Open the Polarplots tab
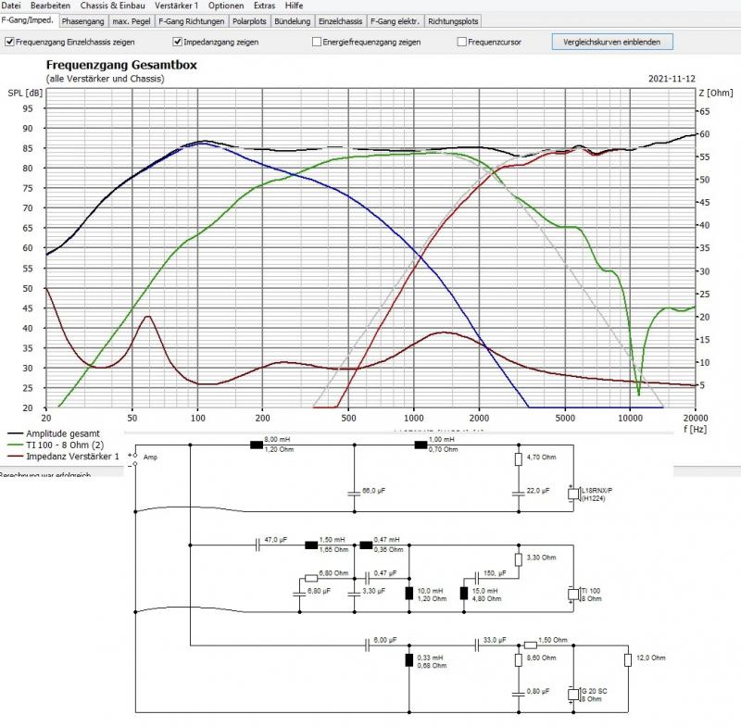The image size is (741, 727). [x=250, y=19]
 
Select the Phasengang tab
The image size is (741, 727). [x=83, y=19]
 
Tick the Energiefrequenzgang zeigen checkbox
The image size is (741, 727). [x=317, y=42]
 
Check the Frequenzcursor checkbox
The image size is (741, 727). [x=461, y=42]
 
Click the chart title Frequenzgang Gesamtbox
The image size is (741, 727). [x=121, y=66]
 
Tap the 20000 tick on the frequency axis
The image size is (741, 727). [x=694, y=419]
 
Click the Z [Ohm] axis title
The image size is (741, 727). [x=714, y=93]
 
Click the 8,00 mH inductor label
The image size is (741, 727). [x=279, y=439]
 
